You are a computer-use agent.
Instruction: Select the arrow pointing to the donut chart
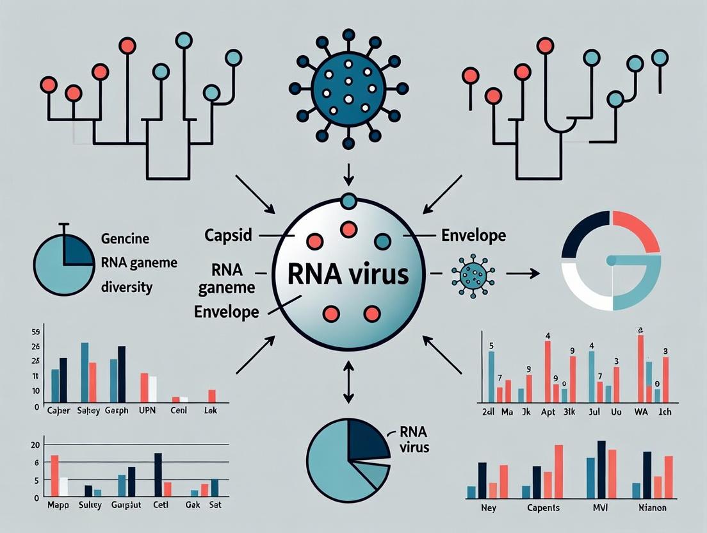coord(524,274)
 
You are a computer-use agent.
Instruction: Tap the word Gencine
coord(125,239)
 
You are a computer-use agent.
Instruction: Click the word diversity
coord(127,287)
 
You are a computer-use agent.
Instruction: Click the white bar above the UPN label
coord(152,388)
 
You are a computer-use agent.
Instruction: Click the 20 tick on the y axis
coord(35,445)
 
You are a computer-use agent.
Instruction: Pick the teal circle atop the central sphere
coord(348,201)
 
